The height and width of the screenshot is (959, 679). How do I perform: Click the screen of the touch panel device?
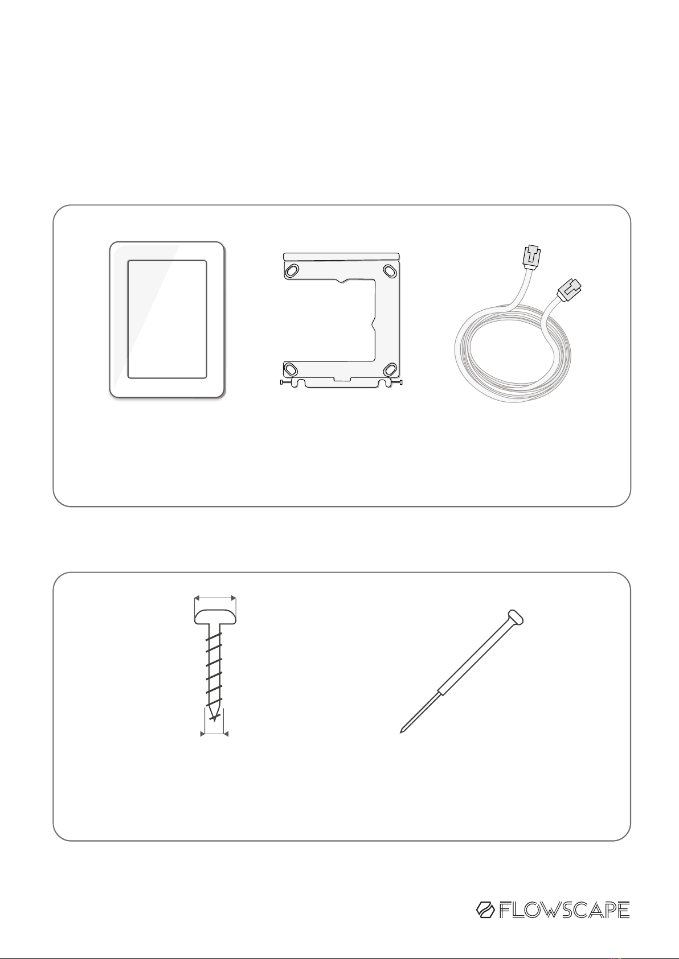167,319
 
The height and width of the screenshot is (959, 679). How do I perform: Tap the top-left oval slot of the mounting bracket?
293,270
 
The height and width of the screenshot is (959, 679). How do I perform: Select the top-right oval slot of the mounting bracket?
390,271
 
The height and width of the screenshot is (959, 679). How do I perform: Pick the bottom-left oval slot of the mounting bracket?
291,368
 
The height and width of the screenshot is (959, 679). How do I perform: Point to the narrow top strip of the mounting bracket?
341,257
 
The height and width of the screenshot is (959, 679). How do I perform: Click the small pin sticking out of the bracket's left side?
286,381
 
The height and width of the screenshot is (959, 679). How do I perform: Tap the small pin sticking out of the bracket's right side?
396,382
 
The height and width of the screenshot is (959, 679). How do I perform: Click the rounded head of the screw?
215,617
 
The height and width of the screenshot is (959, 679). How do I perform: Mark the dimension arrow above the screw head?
215,598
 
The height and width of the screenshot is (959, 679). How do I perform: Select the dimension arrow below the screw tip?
214,734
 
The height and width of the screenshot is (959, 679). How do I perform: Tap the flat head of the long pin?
516,617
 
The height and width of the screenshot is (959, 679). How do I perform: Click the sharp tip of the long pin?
401,732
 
